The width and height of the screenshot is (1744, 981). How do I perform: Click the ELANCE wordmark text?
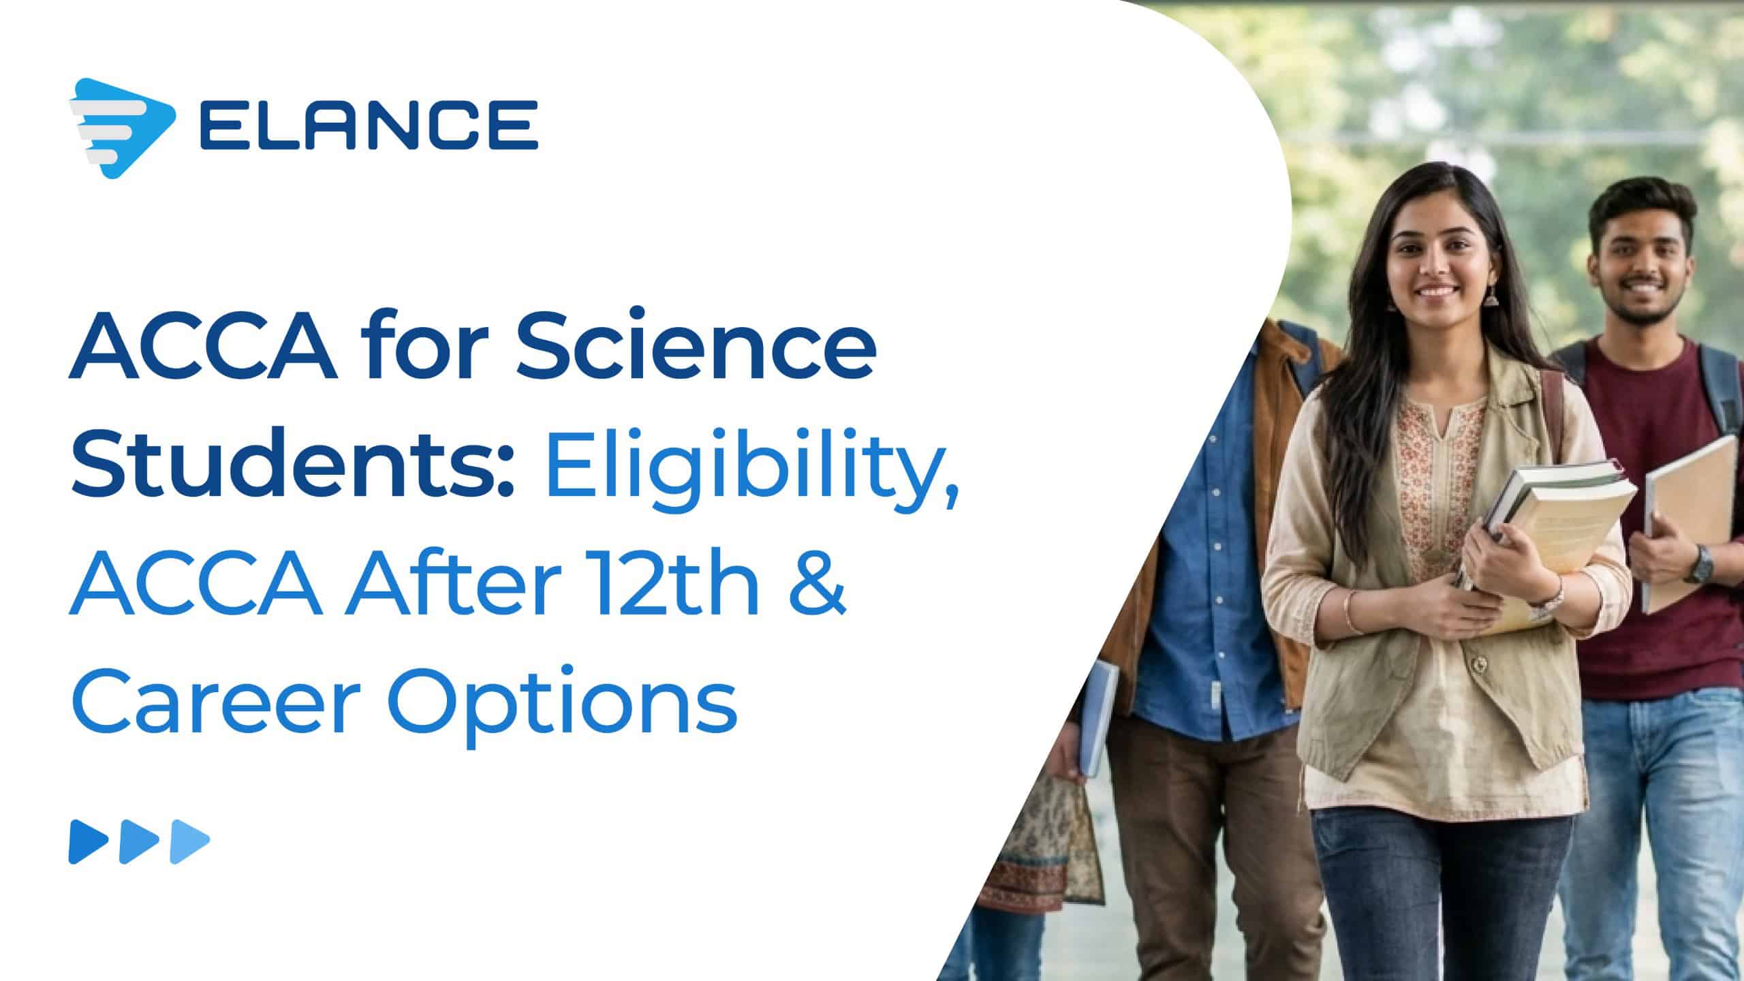(369, 125)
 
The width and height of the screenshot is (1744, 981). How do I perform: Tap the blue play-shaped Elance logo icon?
(121, 128)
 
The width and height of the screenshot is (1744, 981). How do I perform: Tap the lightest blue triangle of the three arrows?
(190, 842)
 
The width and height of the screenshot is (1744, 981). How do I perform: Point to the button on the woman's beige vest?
(1475, 662)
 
